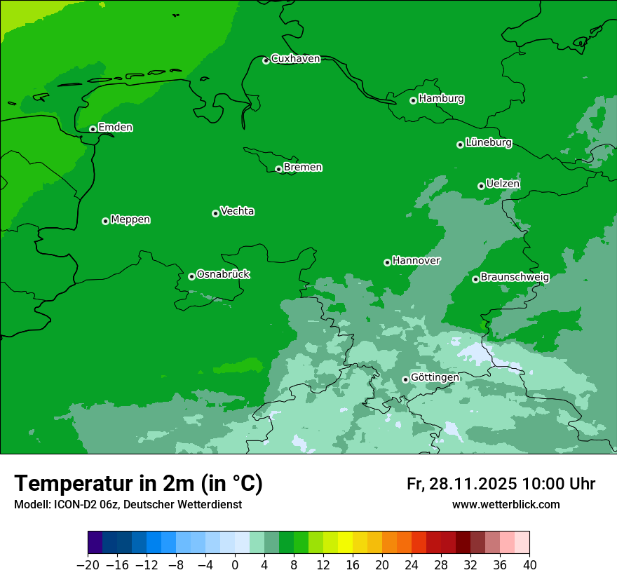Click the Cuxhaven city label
(295, 59)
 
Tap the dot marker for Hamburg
(414, 100)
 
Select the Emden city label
(115, 128)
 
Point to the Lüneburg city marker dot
(461, 144)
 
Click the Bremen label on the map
(303, 168)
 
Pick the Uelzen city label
(503, 184)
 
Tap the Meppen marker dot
(106, 221)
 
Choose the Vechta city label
(237, 211)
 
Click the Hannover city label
(416, 261)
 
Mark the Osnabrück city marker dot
(192, 276)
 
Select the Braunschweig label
(515, 277)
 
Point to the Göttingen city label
(435, 378)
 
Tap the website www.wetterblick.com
(506, 504)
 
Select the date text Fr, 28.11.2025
(461, 484)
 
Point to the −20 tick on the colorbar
(88, 565)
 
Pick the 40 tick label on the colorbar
(529, 565)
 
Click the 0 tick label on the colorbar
(235, 565)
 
